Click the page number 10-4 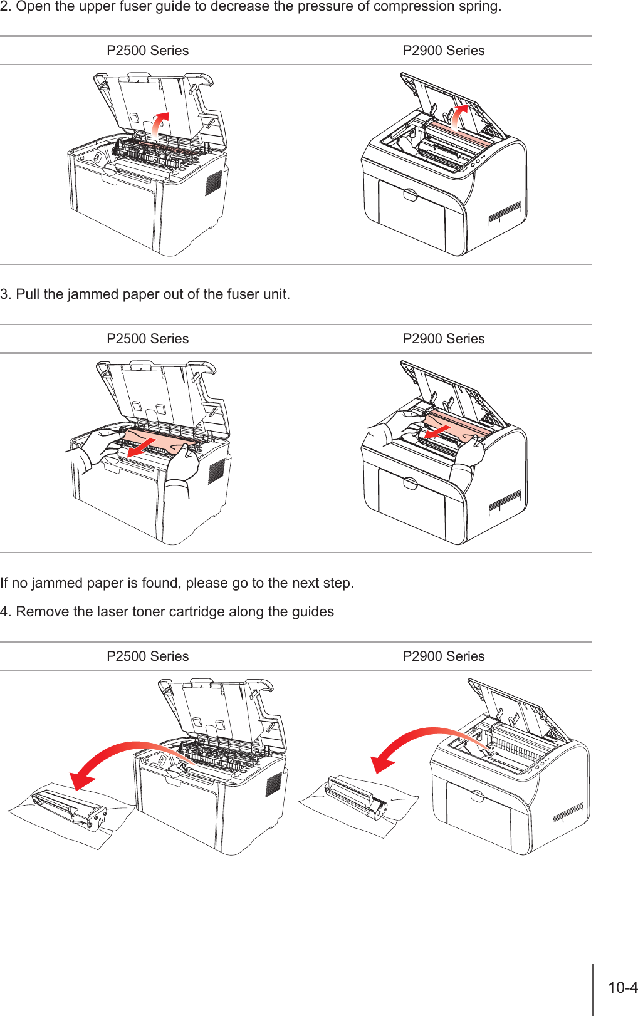point(622,988)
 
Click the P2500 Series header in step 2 point(147,51)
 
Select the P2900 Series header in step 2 point(443,51)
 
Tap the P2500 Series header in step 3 point(147,339)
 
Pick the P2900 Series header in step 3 point(443,339)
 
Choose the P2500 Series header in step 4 point(147,656)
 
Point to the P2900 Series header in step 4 point(443,656)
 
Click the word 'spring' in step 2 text point(481,8)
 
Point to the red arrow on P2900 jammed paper point(437,432)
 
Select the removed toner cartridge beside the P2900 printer point(356,799)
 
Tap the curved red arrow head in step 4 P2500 point(81,780)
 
